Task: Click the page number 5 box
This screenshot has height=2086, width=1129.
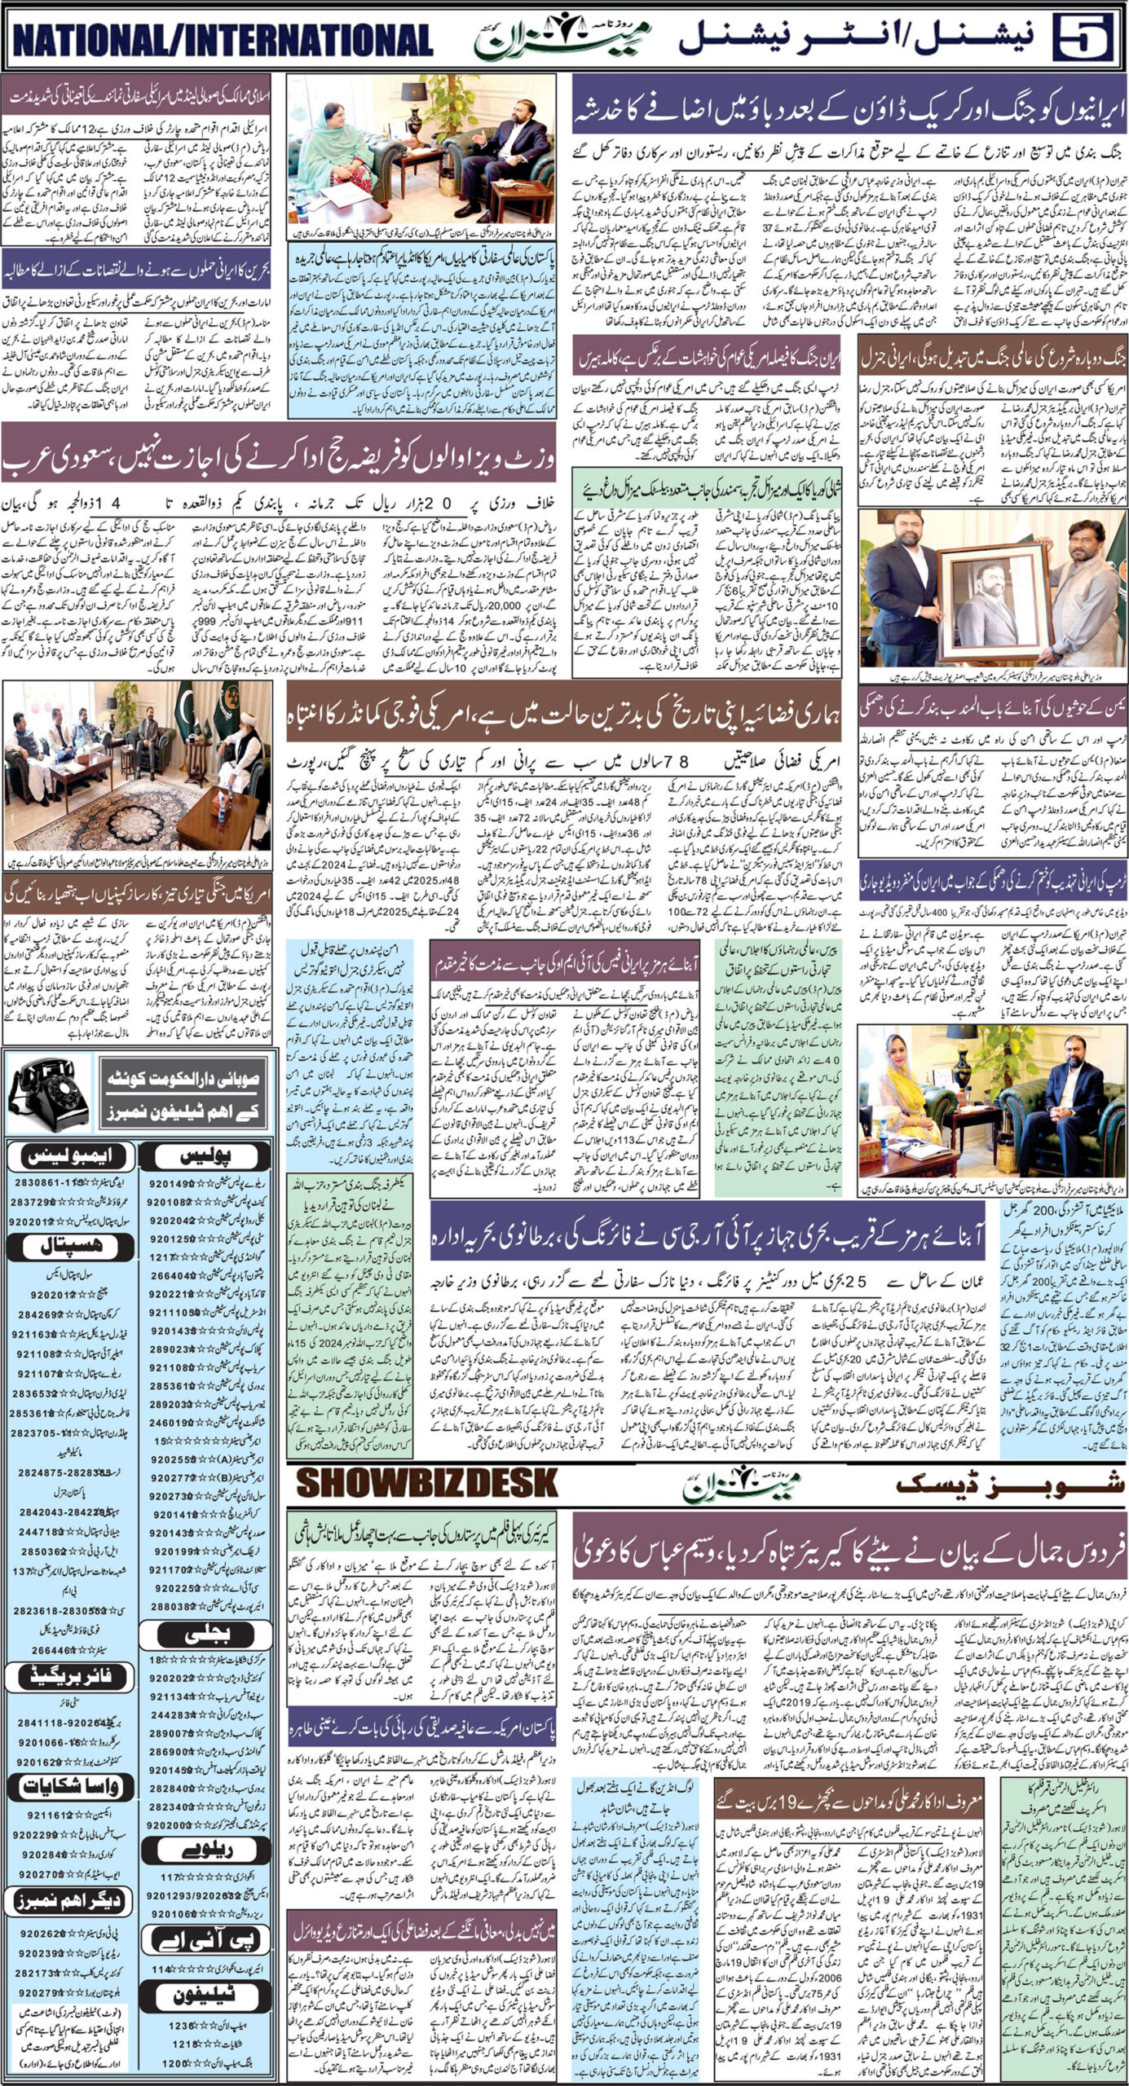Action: (1083, 38)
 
